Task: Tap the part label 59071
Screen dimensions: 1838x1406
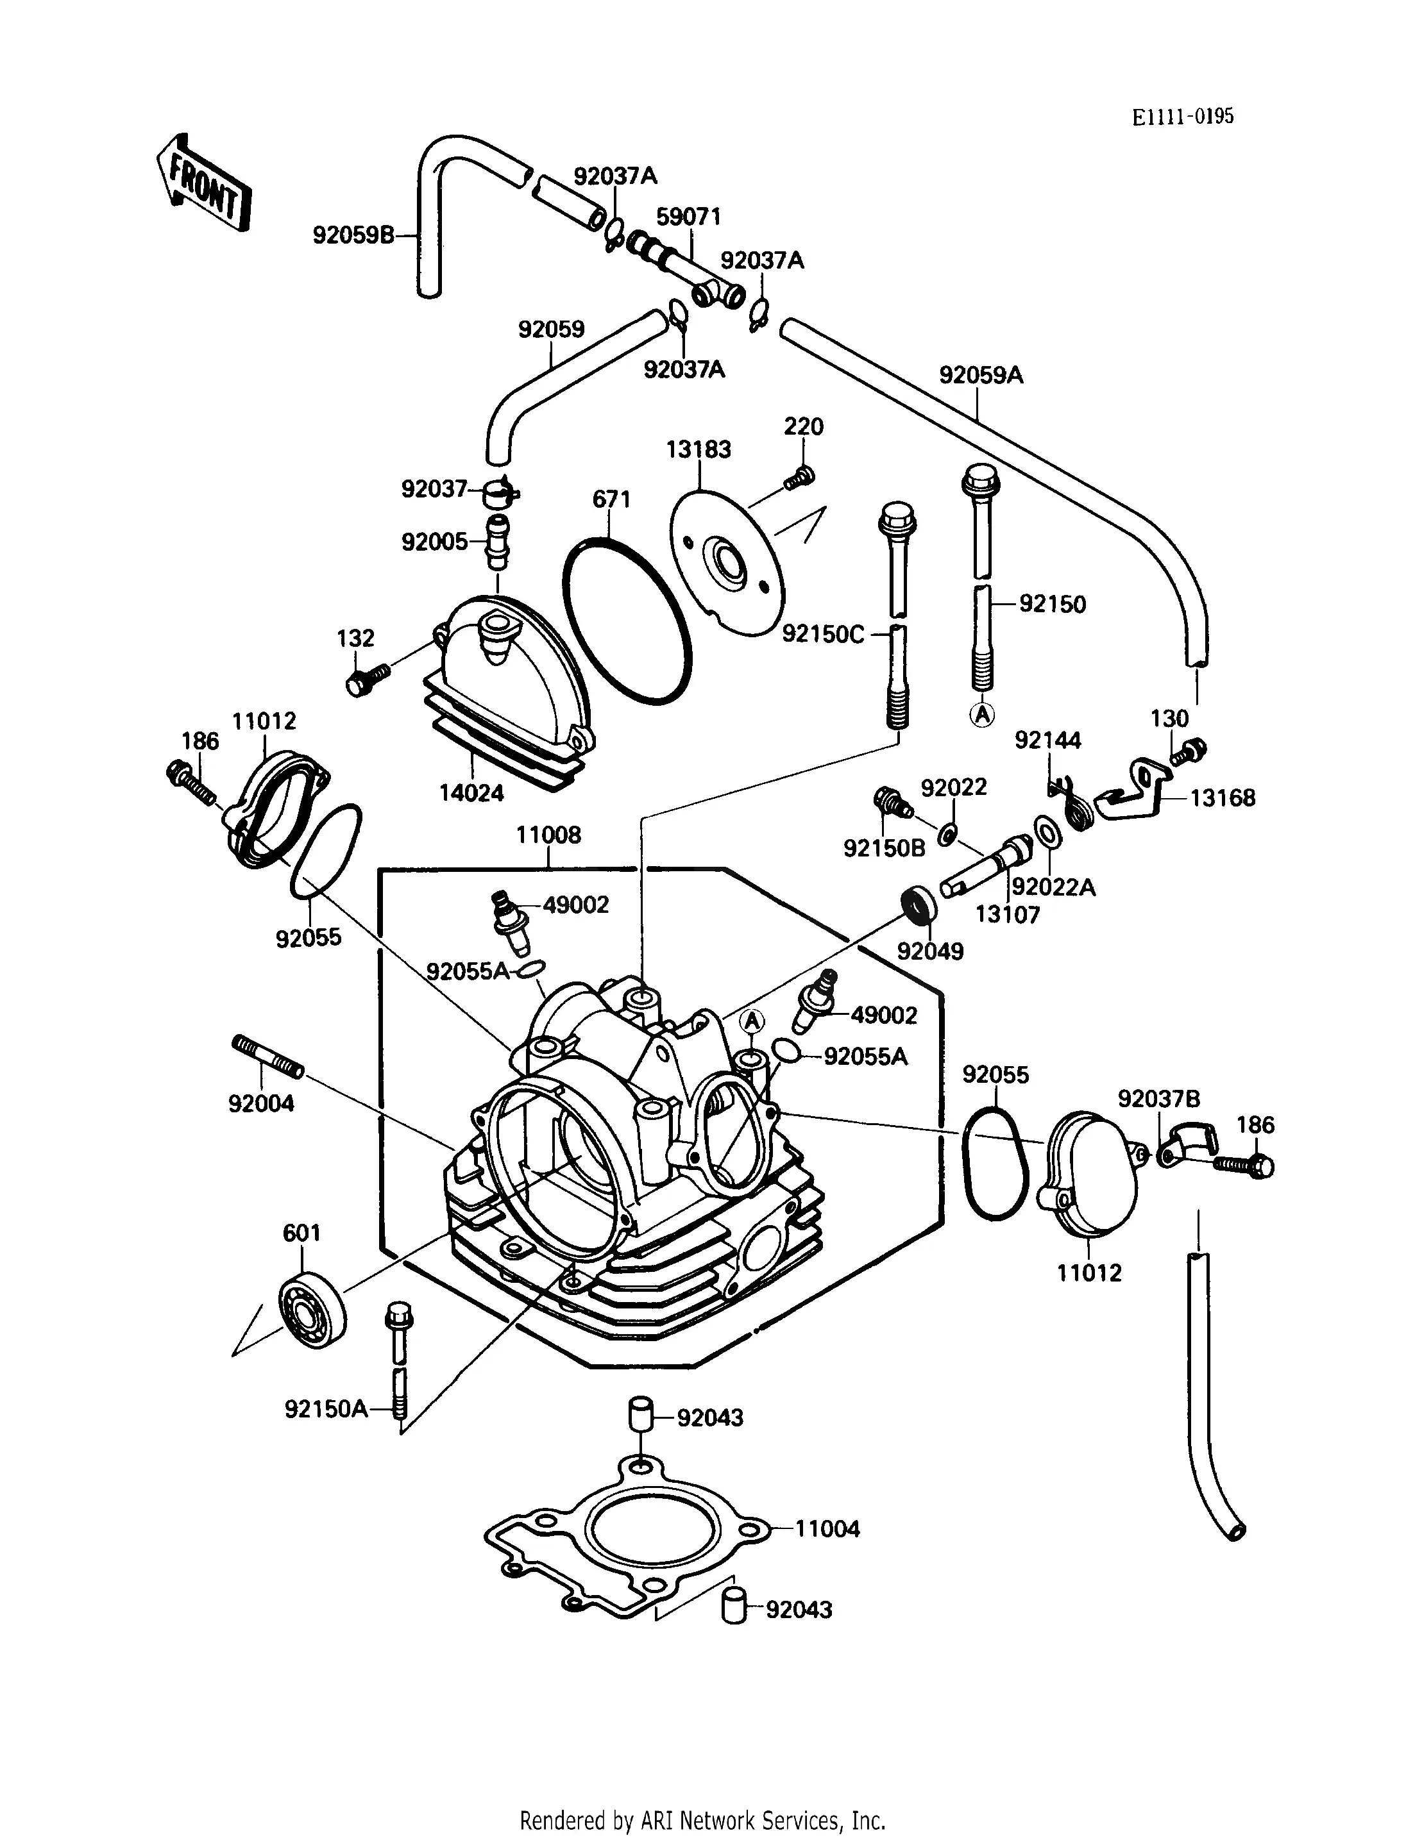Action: tap(688, 217)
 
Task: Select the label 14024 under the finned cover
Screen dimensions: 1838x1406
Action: tap(471, 792)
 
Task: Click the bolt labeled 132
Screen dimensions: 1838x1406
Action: tap(366, 678)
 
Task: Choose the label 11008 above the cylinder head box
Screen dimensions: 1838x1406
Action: tap(548, 834)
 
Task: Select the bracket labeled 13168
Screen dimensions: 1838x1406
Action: tap(1134, 789)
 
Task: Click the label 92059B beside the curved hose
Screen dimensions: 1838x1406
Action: tap(353, 235)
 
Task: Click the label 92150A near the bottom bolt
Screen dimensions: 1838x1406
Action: tap(326, 1410)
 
